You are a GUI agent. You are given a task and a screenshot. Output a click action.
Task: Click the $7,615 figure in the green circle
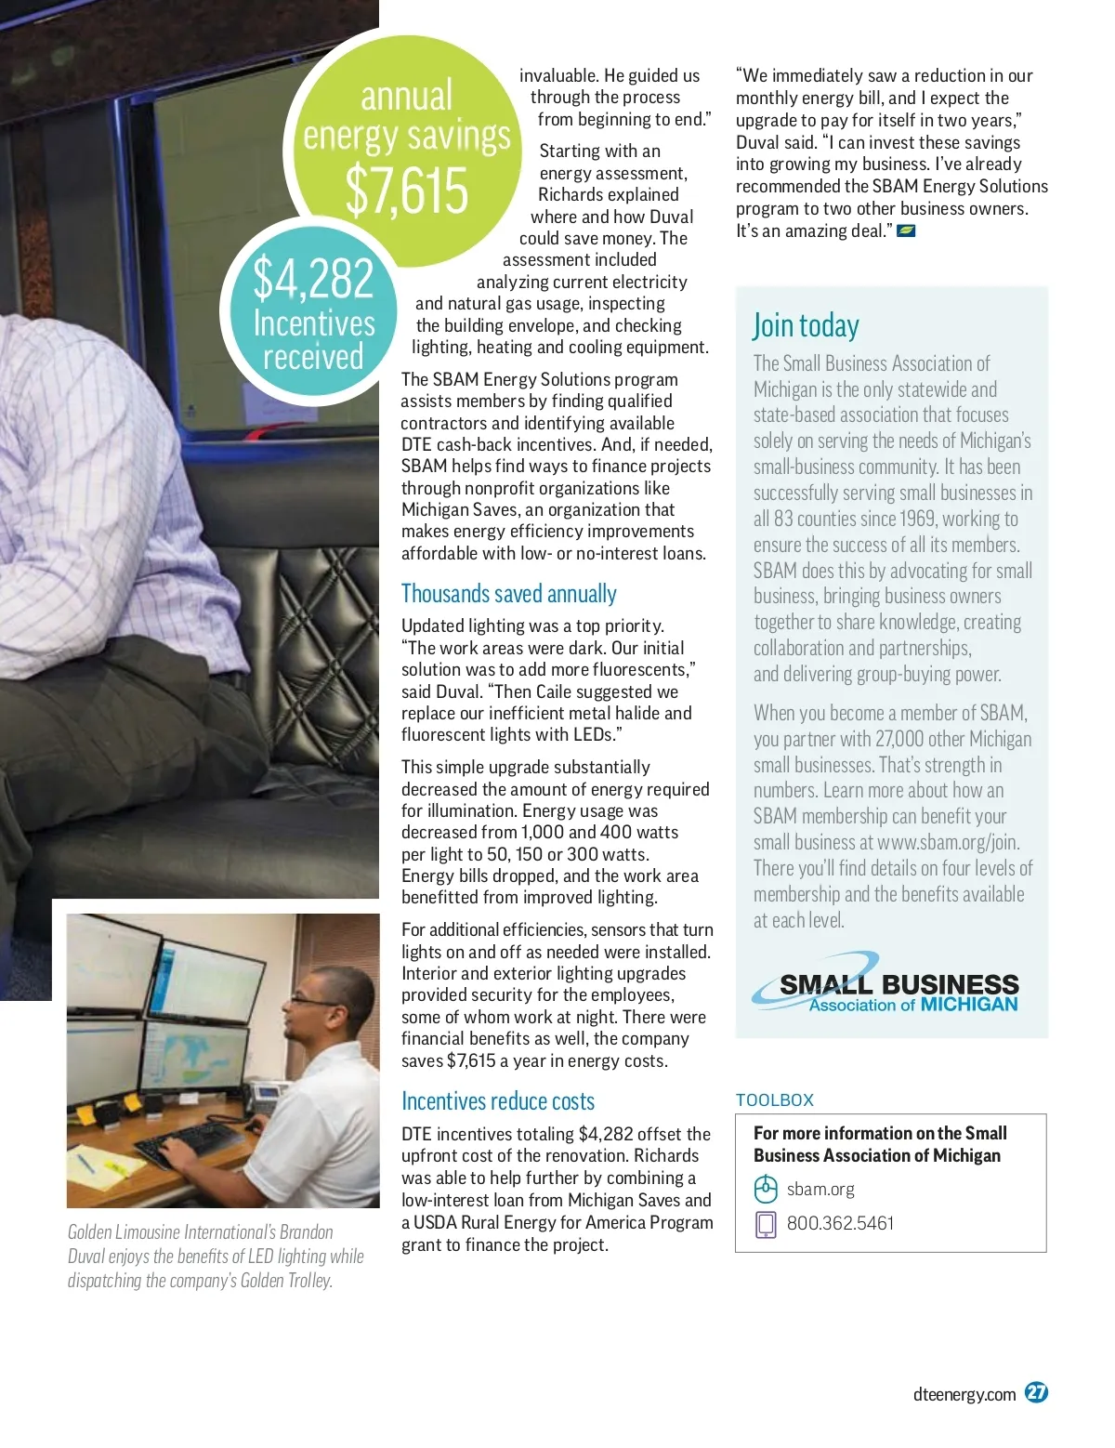407,191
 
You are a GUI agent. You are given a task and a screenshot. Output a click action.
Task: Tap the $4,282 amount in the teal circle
313,278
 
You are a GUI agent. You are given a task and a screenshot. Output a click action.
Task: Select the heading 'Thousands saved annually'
508,594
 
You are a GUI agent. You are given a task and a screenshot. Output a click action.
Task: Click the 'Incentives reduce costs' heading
497,1101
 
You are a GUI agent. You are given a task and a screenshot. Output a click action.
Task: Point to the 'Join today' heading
806,325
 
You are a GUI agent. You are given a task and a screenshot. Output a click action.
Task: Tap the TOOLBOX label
774,1100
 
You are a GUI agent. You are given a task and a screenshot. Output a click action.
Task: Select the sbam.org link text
820,1189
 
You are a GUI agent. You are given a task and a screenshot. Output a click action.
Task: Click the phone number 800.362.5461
840,1223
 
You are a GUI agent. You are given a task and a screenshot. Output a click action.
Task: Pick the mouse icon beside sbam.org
765,1189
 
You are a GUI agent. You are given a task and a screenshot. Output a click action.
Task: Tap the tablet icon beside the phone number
765,1224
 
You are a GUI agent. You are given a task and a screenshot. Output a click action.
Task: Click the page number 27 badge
1036,1392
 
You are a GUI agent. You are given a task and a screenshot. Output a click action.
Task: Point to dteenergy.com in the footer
964,1394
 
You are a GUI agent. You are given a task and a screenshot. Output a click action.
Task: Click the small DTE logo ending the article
906,230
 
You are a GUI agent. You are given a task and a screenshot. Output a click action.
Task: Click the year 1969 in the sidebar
919,519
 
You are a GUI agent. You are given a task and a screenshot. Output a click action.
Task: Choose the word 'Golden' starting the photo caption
89,1232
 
